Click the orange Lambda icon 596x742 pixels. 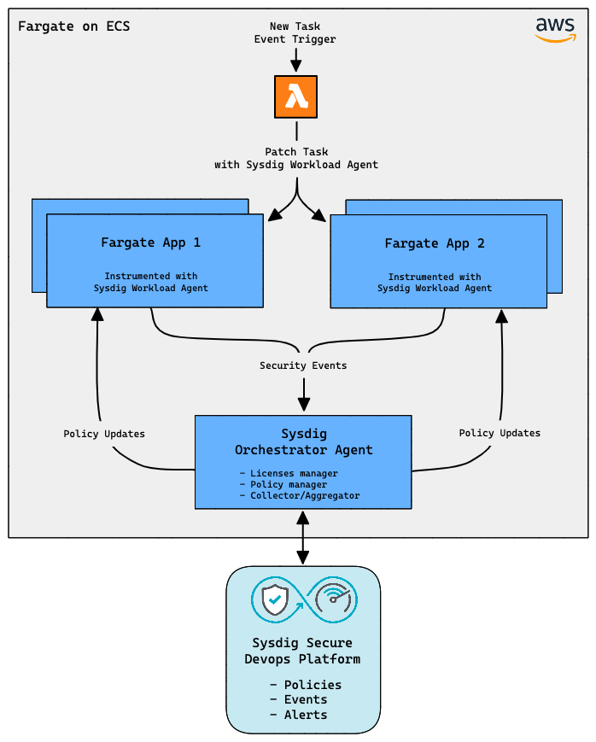click(x=296, y=96)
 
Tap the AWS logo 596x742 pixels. click(x=556, y=29)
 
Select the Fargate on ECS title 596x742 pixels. click(x=74, y=26)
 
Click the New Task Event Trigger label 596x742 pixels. click(x=295, y=33)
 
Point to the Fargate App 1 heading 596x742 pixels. click(x=151, y=242)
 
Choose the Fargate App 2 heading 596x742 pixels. click(x=435, y=243)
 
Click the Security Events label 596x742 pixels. click(x=303, y=365)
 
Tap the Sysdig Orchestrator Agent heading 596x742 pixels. click(x=304, y=442)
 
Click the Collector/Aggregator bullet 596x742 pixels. click(x=299, y=495)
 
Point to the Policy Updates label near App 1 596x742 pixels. click(x=104, y=434)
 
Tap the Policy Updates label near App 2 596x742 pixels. click(x=500, y=433)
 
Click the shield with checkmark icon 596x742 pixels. click(x=273, y=600)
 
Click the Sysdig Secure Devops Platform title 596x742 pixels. click(x=302, y=651)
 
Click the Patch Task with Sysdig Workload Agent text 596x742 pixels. click(x=296, y=158)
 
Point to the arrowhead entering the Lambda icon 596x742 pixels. click(x=296, y=67)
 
